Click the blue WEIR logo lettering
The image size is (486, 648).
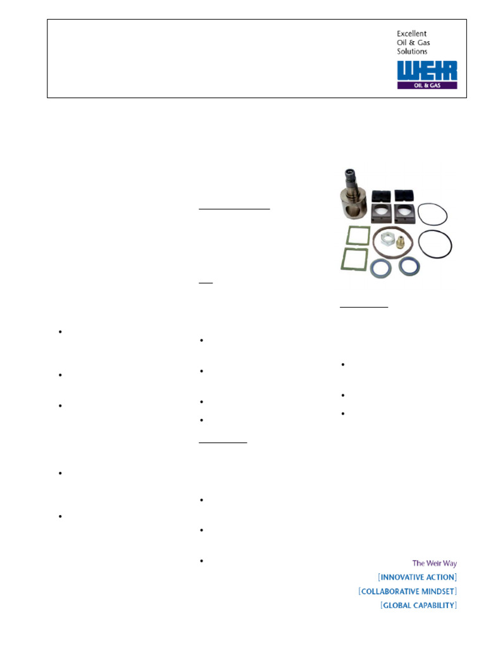pyautogui.click(x=427, y=71)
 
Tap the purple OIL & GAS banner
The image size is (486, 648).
pyautogui.click(x=427, y=85)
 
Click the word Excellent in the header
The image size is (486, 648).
pyautogui.click(x=411, y=34)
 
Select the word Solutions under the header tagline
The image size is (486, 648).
pyautogui.click(x=412, y=51)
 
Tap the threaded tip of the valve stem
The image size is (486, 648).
pyautogui.click(x=350, y=173)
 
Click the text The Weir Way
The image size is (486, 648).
pyautogui.click(x=434, y=563)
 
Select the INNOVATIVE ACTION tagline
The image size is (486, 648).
pyautogui.click(x=417, y=577)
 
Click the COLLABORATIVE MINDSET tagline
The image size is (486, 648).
pyautogui.click(x=408, y=591)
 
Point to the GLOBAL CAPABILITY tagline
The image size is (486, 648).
pyautogui.click(x=418, y=606)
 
